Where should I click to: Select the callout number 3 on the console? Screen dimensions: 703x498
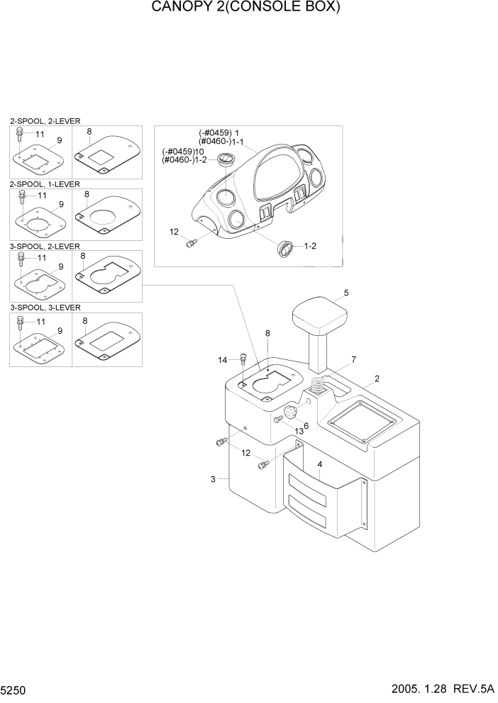point(213,480)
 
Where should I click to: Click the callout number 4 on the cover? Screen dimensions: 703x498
point(320,465)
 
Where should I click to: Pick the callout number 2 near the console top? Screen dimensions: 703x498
point(377,378)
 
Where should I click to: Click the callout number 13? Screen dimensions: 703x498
point(299,431)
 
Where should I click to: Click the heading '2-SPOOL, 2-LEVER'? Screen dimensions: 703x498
point(45,122)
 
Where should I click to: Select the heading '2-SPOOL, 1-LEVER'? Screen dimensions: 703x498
point(45,184)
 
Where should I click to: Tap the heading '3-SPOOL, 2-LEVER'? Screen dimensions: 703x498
point(45,246)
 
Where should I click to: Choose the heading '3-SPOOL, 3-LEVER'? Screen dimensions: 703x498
point(45,308)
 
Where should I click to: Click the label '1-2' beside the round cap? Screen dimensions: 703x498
point(311,247)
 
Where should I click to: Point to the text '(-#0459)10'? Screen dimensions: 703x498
point(184,152)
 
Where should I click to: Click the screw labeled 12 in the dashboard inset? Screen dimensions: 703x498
point(190,244)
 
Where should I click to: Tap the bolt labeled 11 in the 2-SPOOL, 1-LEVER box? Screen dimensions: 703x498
point(23,195)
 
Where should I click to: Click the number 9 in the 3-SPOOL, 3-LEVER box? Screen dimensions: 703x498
point(60,330)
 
